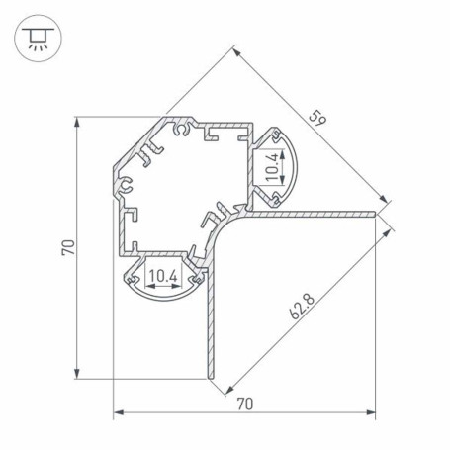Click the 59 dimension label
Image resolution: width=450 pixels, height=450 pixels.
click(x=317, y=119)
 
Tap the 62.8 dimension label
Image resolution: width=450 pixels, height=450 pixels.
click(x=302, y=308)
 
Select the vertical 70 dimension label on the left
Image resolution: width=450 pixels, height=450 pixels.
click(x=68, y=247)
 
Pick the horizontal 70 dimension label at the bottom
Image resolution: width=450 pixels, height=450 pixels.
click(x=245, y=404)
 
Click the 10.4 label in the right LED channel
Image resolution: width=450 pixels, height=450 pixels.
click(x=272, y=167)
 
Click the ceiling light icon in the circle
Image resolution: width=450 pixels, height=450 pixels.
click(x=38, y=39)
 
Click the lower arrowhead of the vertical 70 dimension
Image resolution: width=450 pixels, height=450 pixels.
click(x=77, y=373)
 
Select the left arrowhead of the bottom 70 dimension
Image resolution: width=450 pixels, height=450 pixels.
click(x=119, y=412)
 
